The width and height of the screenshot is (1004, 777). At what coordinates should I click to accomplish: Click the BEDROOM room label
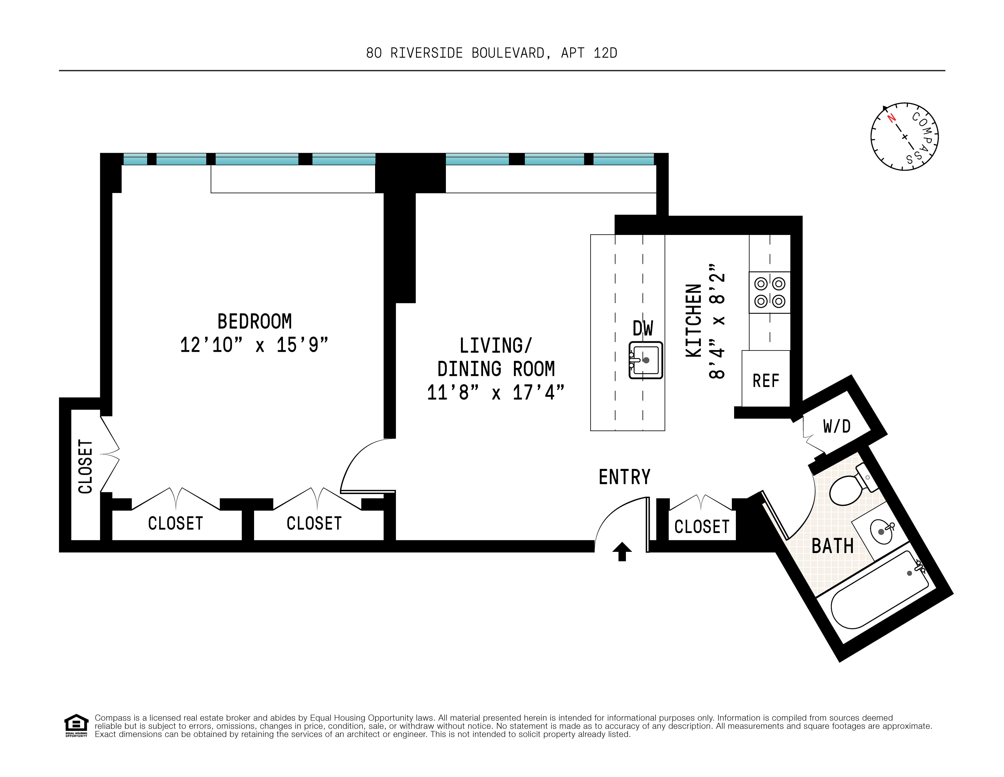(254, 321)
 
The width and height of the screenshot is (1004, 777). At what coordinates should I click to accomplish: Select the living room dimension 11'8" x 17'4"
(496, 393)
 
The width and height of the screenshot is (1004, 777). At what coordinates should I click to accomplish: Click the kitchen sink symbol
(645, 360)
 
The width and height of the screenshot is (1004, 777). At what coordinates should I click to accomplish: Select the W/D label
(837, 426)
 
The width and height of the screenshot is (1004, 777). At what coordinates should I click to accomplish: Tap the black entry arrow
(622, 551)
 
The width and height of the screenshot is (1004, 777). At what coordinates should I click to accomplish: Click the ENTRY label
(625, 477)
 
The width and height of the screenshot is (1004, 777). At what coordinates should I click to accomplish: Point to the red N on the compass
(891, 118)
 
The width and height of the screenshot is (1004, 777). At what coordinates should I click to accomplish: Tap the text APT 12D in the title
(589, 53)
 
